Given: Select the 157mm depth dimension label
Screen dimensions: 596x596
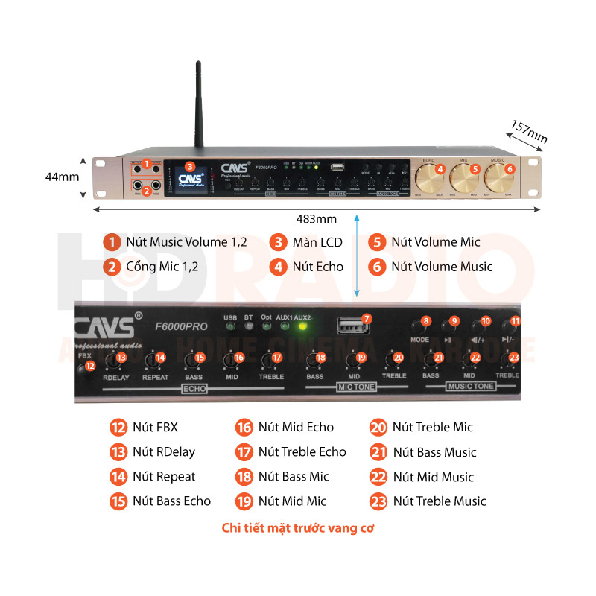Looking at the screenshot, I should [x=529, y=132].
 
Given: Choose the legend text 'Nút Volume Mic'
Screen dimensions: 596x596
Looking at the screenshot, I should [x=436, y=242].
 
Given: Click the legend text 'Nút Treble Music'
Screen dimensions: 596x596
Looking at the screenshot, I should [x=440, y=501].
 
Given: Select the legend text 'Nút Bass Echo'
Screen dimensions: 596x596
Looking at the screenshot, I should [x=171, y=501].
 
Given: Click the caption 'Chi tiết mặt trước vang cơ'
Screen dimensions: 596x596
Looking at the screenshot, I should [x=298, y=529].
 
